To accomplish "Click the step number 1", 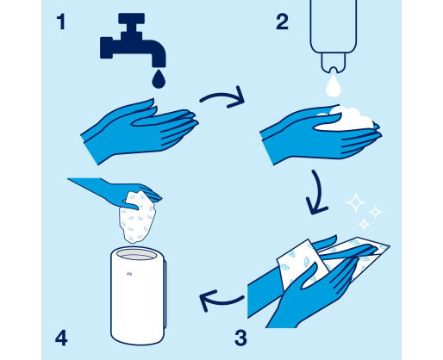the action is (x=61, y=22).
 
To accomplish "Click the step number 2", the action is (x=282, y=22).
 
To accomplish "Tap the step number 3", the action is (x=240, y=338).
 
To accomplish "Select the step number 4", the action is (x=61, y=338).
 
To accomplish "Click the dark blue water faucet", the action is (x=133, y=40).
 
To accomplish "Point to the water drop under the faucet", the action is (x=159, y=78).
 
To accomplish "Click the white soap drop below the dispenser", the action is (x=334, y=85).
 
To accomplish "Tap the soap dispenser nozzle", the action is (x=334, y=63).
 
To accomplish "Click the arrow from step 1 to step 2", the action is (x=222, y=95).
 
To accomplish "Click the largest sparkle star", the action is (x=356, y=202).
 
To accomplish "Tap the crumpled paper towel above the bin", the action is (x=137, y=218).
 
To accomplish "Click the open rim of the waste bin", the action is (x=137, y=254).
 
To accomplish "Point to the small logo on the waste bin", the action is (x=129, y=274).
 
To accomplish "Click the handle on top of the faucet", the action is (x=131, y=18).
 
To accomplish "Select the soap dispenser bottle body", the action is (x=334, y=27).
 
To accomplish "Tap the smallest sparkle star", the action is (x=364, y=224).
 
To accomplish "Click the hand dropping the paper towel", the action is (x=121, y=193).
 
